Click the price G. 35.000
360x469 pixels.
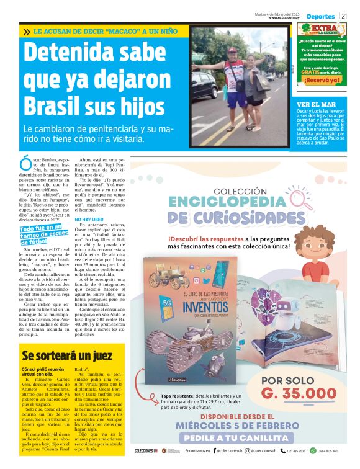[299, 393]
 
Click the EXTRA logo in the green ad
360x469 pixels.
[323, 30]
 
